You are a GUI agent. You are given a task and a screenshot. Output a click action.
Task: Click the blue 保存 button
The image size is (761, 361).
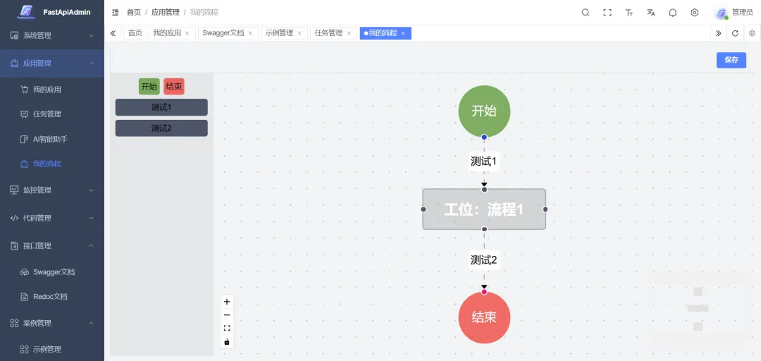click(x=731, y=60)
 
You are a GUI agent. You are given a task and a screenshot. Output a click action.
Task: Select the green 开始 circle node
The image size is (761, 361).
click(x=484, y=111)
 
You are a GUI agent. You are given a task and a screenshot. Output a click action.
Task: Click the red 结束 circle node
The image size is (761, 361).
click(x=484, y=317)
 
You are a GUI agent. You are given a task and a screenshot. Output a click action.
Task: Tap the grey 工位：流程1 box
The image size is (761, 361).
click(x=484, y=209)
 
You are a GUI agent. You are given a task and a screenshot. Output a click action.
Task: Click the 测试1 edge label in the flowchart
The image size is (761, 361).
click(x=484, y=161)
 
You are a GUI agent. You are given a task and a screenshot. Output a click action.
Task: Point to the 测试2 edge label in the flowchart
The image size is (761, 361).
click(x=484, y=260)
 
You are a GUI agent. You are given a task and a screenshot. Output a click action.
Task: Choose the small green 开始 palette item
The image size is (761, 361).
click(x=149, y=87)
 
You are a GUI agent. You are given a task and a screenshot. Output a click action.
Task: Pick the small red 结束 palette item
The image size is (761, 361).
click(x=173, y=87)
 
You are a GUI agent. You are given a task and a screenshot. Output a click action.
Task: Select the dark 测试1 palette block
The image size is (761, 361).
click(x=161, y=107)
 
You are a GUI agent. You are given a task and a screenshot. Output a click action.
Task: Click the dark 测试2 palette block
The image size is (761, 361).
click(x=161, y=128)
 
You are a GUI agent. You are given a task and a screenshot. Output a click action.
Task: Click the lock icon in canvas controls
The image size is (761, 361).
click(x=227, y=342)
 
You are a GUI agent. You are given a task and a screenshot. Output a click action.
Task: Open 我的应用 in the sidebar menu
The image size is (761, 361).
click(x=47, y=90)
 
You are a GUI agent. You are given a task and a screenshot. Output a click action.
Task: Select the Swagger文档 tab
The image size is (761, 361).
click(x=223, y=33)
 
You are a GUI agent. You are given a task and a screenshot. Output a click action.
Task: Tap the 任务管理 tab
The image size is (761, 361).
click(x=328, y=33)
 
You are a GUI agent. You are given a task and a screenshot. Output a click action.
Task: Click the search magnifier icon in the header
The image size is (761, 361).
click(x=586, y=13)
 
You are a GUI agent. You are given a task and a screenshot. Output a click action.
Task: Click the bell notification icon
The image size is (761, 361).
click(x=673, y=13)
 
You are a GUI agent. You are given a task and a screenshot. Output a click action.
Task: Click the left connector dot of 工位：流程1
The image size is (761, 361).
click(x=423, y=209)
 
